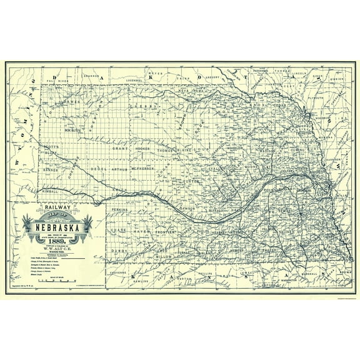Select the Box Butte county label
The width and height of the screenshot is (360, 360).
pos(74,130)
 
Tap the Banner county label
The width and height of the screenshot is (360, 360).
pos(51,169)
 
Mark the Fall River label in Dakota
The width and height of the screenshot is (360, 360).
pos(56,82)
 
